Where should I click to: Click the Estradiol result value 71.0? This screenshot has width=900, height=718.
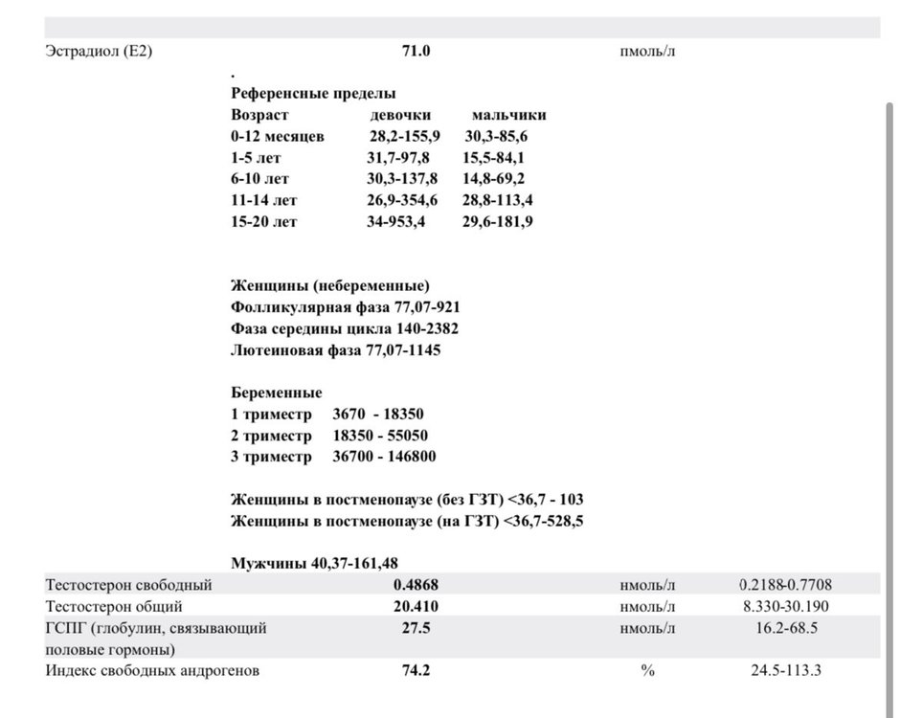click(x=416, y=52)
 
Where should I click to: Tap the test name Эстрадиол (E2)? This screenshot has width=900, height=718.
click(x=99, y=52)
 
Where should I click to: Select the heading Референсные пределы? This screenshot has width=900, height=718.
click(x=313, y=94)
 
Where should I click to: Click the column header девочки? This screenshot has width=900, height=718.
click(x=400, y=115)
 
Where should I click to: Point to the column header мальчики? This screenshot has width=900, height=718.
click(x=509, y=115)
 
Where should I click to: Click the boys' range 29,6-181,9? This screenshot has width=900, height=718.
click(x=499, y=221)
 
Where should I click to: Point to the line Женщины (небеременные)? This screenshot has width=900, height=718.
click(x=330, y=286)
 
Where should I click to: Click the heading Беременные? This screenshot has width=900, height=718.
click(x=277, y=393)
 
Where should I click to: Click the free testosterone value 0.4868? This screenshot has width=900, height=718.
click(x=416, y=585)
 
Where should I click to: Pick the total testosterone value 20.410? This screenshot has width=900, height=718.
click(x=416, y=607)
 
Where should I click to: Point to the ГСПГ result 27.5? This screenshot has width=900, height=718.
click(x=416, y=628)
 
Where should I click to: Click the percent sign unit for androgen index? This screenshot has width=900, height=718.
click(x=647, y=671)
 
